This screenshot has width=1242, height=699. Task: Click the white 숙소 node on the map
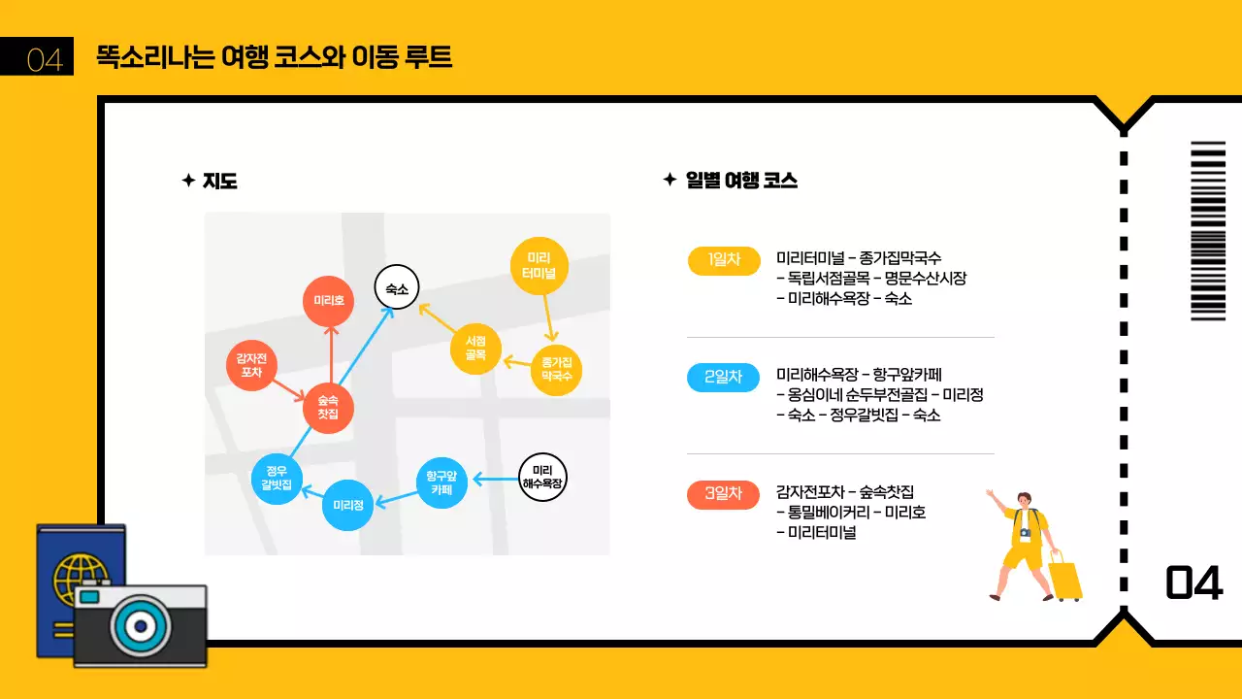[397, 288]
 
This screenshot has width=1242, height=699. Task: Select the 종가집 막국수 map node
[556, 369]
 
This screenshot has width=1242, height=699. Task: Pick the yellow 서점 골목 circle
[475, 349]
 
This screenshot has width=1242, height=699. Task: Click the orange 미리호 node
[329, 301]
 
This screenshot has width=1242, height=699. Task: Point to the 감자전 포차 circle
[252, 366]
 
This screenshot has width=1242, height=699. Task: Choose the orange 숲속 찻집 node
[328, 408]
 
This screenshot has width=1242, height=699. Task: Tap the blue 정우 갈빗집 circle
[278, 479]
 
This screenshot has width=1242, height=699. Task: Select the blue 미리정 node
[347, 505]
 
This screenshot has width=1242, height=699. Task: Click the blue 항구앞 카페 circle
[442, 483]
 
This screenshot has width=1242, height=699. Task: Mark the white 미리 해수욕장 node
[542, 477]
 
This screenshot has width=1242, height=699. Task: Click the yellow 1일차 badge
[724, 260]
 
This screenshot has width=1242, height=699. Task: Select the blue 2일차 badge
[724, 377]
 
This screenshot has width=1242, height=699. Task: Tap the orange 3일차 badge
[724, 493]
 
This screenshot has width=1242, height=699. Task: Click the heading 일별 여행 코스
[741, 181]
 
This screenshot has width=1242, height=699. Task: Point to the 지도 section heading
[220, 181]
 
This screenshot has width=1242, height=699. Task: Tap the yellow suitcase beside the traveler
[1065, 579]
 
